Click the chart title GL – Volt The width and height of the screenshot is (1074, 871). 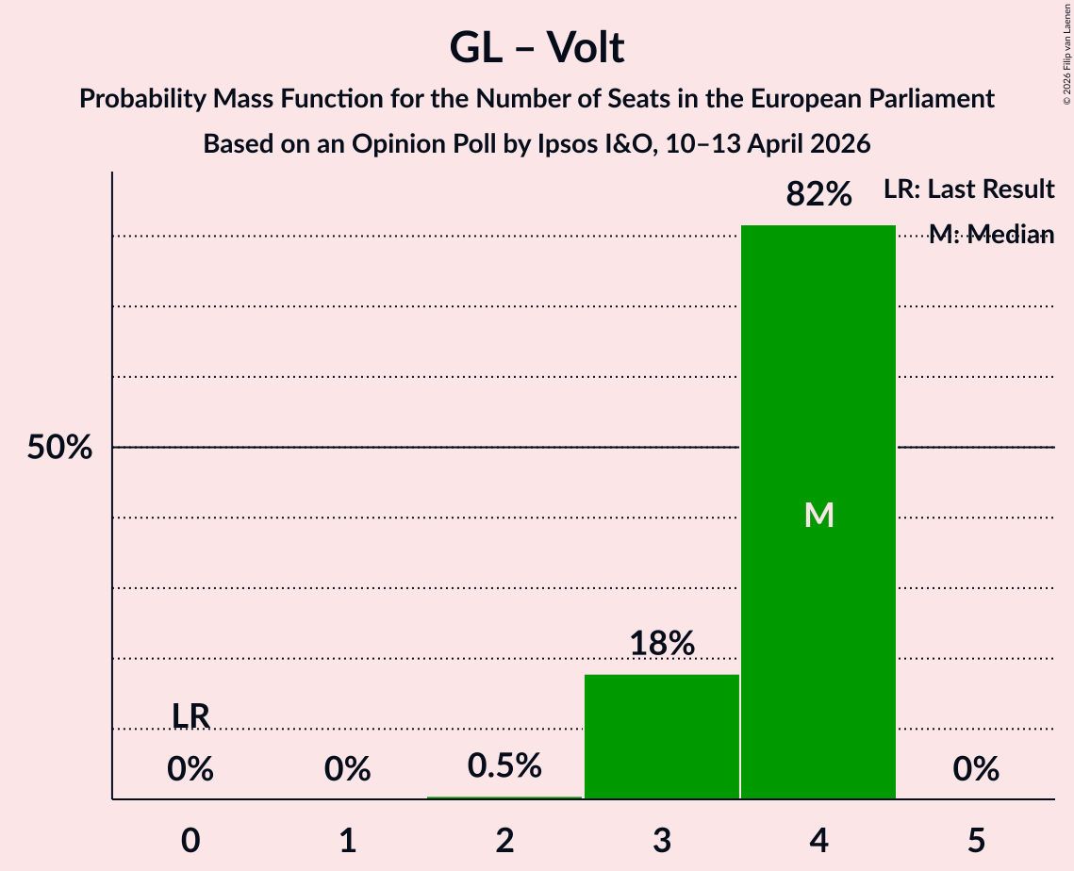pyautogui.click(x=537, y=47)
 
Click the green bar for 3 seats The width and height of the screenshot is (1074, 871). pyautogui.click(x=662, y=736)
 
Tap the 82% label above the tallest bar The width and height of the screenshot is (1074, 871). pyautogui.click(x=818, y=195)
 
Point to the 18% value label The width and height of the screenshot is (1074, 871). pyautogui.click(x=662, y=644)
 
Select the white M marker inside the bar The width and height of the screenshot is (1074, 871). pyautogui.click(x=818, y=515)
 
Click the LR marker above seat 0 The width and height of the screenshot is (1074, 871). pyautogui.click(x=190, y=716)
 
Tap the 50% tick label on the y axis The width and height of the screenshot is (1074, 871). pyautogui.click(x=59, y=449)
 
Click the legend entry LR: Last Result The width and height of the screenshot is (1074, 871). pyautogui.click(x=969, y=189)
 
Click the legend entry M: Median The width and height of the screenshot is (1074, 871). pyautogui.click(x=991, y=235)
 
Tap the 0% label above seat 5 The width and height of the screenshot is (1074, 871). pyautogui.click(x=976, y=770)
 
